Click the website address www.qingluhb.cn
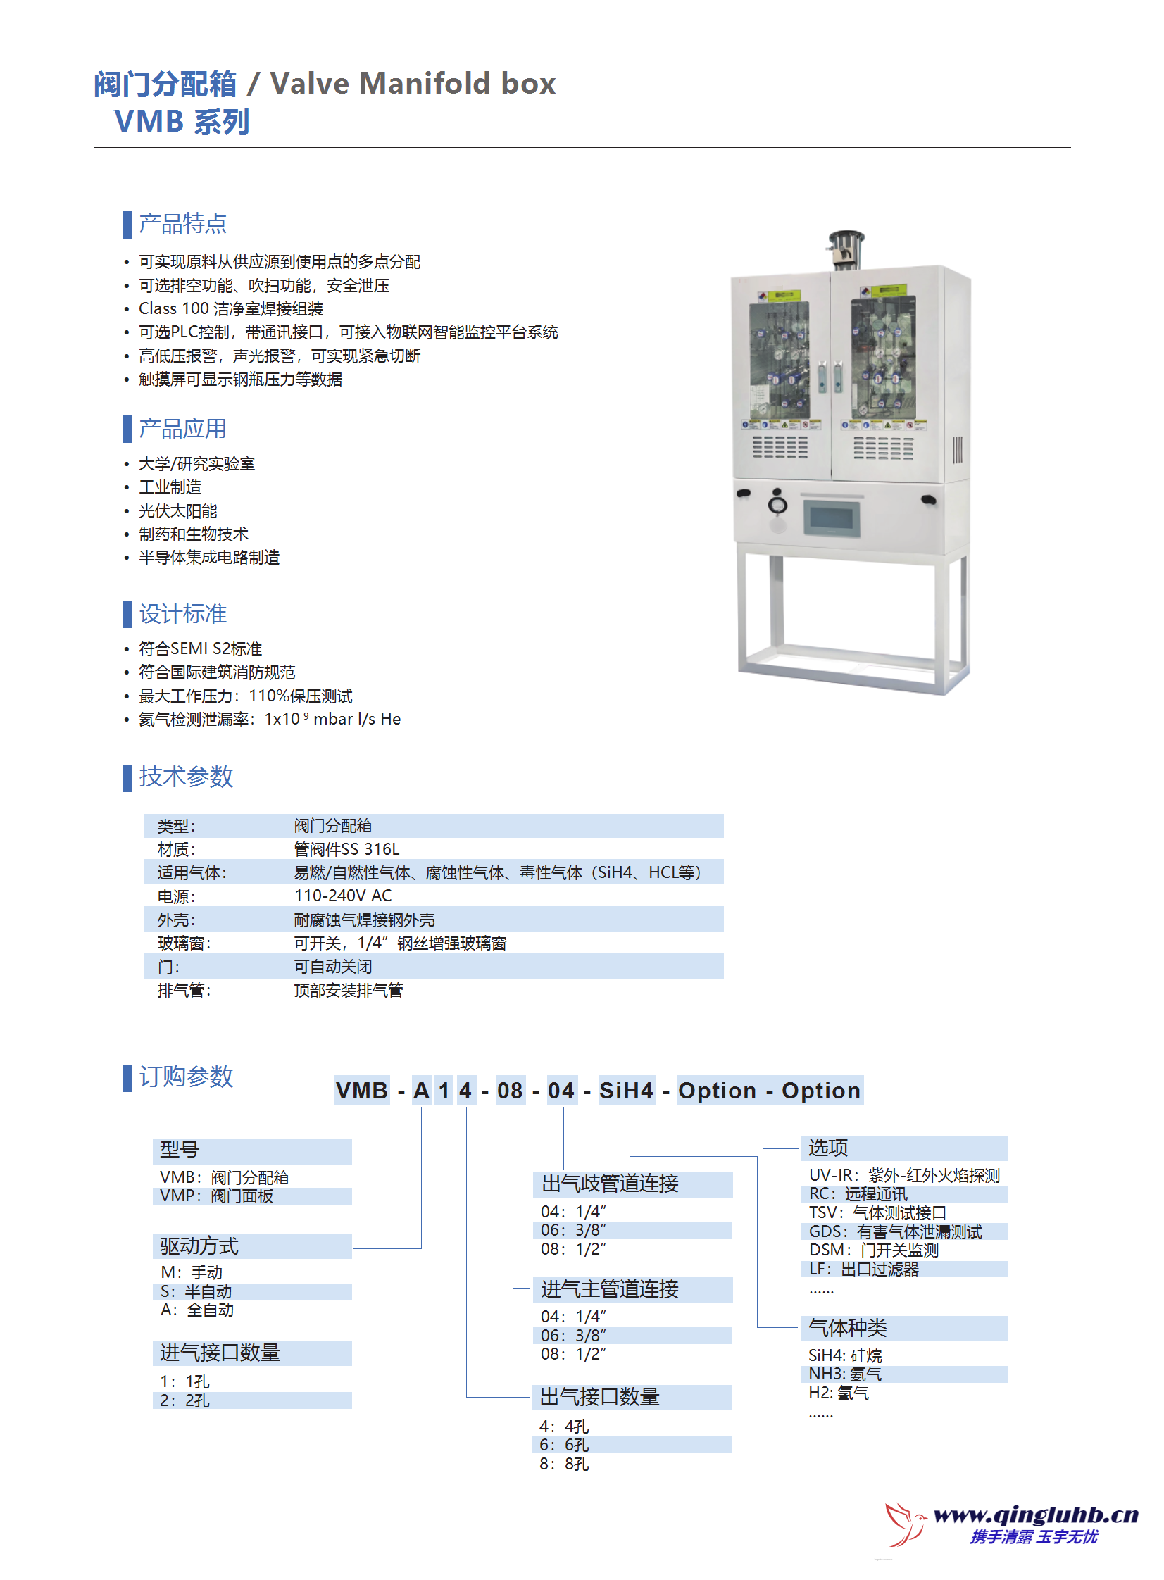[1035, 1514]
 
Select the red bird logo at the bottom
[906, 1523]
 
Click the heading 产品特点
[182, 223]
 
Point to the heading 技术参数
[186, 776]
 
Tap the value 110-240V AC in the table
[342, 896]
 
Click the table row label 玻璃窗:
[184, 943]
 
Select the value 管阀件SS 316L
[346, 849]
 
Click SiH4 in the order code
[626, 1091]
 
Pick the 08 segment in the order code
[510, 1091]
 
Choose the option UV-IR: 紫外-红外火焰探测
[904, 1175]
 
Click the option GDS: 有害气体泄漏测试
[895, 1231]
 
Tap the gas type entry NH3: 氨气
[845, 1374]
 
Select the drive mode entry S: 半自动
[196, 1291]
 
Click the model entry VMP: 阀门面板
[216, 1196]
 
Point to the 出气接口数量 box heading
[600, 1396]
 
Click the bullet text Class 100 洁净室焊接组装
[230, 308]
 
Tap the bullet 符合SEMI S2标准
[200, 648]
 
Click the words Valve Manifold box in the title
[413, 83]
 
